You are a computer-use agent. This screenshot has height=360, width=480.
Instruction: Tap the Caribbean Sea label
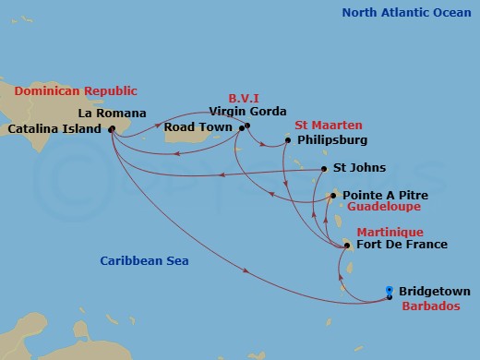(144, 261)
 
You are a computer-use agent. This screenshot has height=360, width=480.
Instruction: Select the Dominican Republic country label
(76, 90)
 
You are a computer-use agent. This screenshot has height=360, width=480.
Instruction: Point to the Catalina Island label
(54, 129)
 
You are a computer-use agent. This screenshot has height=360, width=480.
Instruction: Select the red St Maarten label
(329, 125)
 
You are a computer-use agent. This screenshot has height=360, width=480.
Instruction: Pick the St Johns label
(359, 168)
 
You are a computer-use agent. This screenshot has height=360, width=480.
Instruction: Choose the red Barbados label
(433, 306)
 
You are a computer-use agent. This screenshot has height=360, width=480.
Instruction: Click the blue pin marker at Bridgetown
(390, 291)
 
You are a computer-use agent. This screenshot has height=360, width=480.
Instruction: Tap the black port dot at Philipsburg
(288, 140)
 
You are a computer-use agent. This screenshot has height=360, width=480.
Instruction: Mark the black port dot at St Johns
(323, 169)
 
